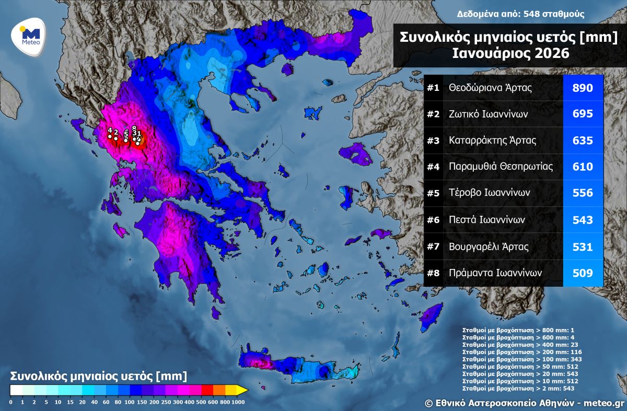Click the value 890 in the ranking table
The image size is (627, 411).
[x=583, y=88]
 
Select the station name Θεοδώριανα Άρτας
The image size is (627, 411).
[x=490, y=88]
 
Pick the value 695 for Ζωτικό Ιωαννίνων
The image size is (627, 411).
[x=583, y=114]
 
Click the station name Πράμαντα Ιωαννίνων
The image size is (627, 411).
[x=495, y=273]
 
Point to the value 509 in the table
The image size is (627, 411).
[x=583, y=273]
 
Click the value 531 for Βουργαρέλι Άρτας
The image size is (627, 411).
[x=583, y=246]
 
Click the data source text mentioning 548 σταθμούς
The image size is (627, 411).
[x=520, y=14]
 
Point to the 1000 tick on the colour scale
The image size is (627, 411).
[x=238, y=402]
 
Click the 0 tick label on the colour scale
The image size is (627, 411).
[x=10, y=402]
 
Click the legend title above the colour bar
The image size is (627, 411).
[x=98, y=376]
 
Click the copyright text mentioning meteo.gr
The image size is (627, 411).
[x=524, y=403]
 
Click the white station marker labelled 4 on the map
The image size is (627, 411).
[x=110, y=137]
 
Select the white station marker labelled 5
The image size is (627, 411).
[x=126, y=140]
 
